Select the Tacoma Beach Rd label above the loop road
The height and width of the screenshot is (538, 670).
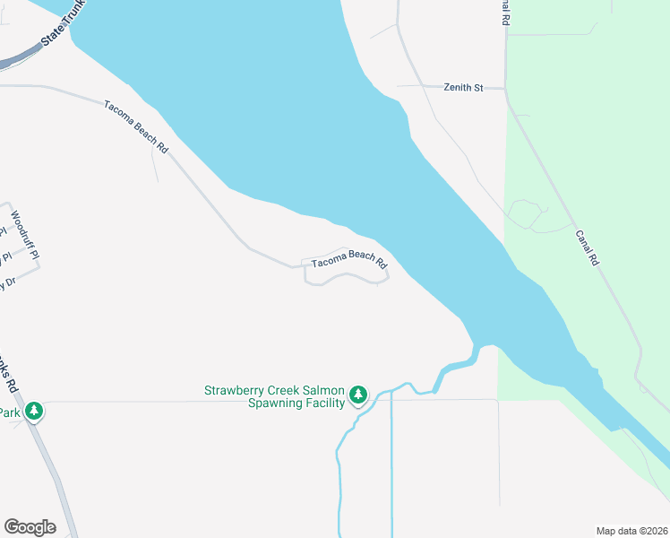click(348, 259)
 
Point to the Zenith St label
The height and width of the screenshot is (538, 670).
click(463, 87)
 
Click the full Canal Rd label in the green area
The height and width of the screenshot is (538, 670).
click(588, 248)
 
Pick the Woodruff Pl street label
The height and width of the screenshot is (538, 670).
click(25, 235)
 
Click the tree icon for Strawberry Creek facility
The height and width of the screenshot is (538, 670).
click(358, 395)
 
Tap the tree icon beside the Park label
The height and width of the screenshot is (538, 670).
click(34, 412)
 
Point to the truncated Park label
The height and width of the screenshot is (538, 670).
click(10, 412)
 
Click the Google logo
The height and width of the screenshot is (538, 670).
click(30, 527)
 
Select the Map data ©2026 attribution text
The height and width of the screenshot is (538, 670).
click(631, 530)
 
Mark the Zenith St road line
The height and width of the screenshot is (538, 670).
click(421, 87)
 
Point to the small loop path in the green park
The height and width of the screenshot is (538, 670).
click(526, 215)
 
